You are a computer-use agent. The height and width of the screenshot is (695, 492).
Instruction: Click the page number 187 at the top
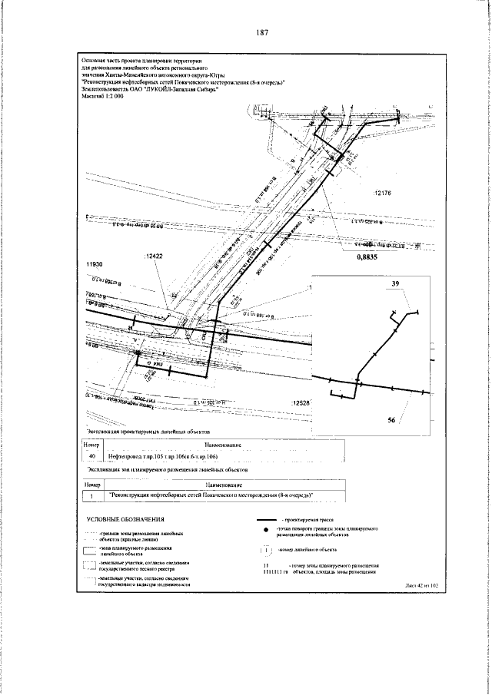[x=261, y=32]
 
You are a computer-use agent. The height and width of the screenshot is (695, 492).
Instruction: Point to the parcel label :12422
[x=155, y=257]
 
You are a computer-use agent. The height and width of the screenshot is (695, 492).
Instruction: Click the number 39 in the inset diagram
[x=397, y=284]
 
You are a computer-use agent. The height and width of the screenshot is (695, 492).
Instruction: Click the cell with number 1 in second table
[x=93, y=495]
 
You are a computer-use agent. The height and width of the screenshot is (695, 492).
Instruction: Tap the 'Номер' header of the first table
[x=93, y=445]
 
